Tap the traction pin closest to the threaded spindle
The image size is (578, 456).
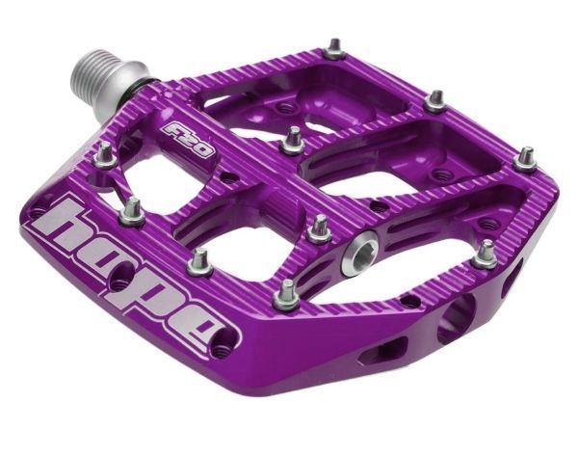pos(104,156)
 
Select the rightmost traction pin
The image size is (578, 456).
pos(526,159)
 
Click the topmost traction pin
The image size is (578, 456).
pos(334,49)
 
